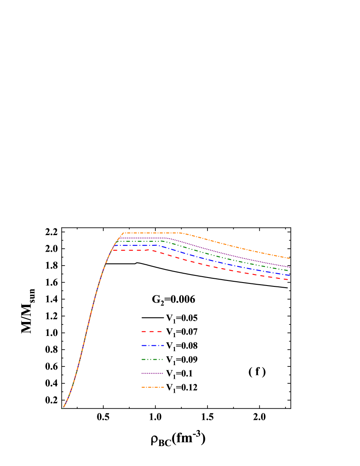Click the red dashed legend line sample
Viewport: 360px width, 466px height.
click(152, 331)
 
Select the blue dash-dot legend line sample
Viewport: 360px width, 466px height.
click(152, 345)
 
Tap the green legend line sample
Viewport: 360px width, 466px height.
click(152, 359)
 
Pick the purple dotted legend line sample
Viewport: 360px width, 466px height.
click(152, 373)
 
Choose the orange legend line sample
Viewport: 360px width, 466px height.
click(152, 387)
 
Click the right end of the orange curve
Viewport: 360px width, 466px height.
click(290, 258)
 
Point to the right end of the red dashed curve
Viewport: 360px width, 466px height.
click(288, 280)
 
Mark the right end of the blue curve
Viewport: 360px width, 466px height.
click(290, 275)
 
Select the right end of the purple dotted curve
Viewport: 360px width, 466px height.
click(290, 267)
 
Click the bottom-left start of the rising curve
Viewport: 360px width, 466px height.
click(64, 407)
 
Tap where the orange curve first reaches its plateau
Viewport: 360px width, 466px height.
click(123, 233)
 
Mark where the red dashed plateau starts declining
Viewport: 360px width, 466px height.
click(149, 250)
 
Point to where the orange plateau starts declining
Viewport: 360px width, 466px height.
click(180, 233)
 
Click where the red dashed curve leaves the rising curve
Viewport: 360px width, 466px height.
click(112, 250)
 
